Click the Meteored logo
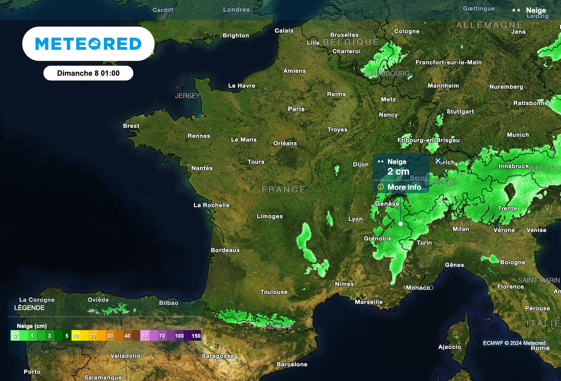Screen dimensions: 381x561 (88, 44)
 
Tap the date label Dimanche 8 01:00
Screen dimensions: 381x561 (88, 73)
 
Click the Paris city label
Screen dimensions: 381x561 (296, 109)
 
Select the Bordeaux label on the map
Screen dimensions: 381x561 (225, 250)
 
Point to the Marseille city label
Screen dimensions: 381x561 (369, 302)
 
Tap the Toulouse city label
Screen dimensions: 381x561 (274, 292)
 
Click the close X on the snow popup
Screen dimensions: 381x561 (438, 160)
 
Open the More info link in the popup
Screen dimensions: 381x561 (404, 187)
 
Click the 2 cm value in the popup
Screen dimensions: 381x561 (398, 172)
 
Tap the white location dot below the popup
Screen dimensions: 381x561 (400, 224)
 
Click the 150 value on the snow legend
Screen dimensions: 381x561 (196, 336)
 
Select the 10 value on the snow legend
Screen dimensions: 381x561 (76, 336)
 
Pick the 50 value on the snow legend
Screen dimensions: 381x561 (145, 336)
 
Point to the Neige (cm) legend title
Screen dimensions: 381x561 (32, 325)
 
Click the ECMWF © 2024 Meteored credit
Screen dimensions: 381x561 (514, 343)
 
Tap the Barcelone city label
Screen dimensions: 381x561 (292, 365)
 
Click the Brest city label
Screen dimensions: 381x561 (131, 126)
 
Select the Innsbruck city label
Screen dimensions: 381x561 (514, 166)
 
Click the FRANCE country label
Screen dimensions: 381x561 (284, 189)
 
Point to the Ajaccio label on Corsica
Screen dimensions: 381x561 (450, 347)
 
